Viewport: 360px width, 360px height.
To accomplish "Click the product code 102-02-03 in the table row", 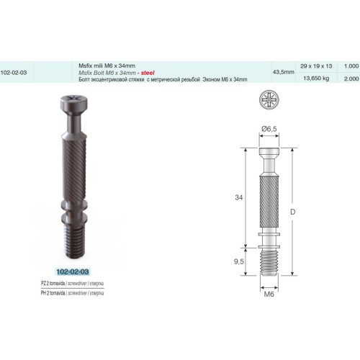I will pyautogui.click(x=15, y=72).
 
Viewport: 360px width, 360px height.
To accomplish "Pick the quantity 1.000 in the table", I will pyautogui.click(x=351, y=66).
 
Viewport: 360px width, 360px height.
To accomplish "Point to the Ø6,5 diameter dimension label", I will pyautogui.click(x=271, y=128).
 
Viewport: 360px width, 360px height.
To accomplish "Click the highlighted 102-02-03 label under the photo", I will pyautogui.click(x=76, y=271).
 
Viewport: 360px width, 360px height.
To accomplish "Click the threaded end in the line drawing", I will pyautogui.click(x=271, y=260).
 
